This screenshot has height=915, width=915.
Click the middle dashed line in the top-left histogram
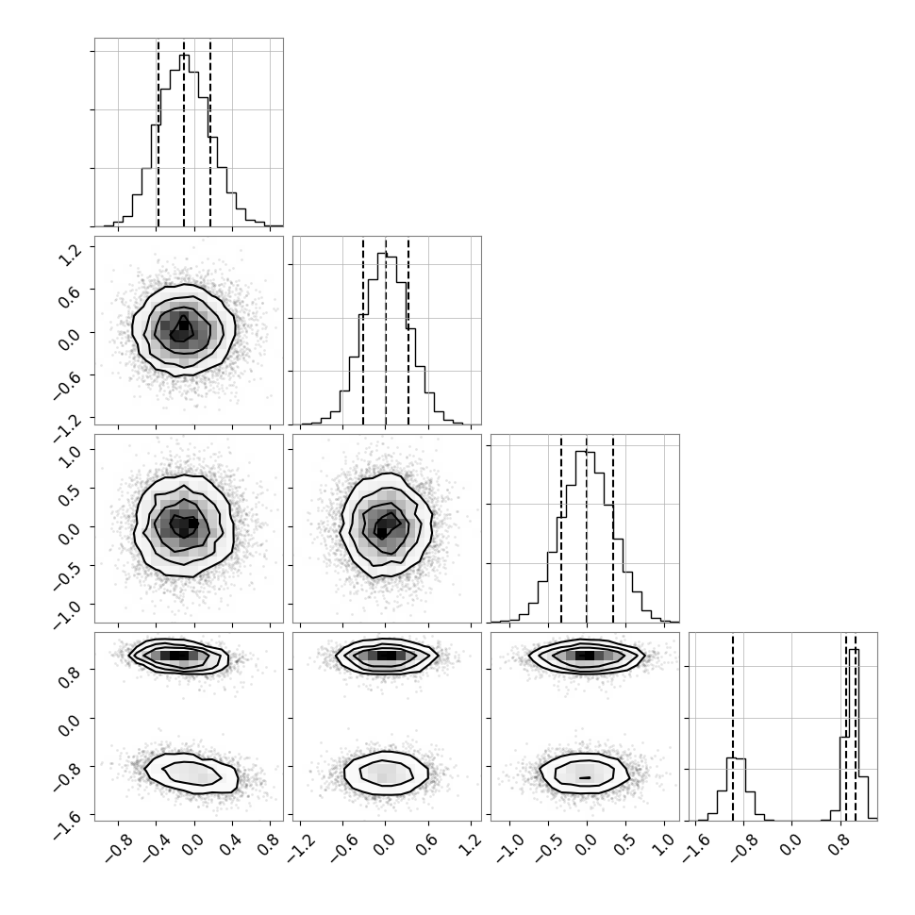(184, 133)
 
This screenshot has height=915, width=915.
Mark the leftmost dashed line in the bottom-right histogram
(732, 727)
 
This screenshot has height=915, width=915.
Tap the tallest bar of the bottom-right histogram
(854, 735)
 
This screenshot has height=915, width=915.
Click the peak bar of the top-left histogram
(184, 140)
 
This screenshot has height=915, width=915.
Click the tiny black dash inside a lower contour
(585, 778)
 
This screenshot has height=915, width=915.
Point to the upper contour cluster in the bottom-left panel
(178, 656)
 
